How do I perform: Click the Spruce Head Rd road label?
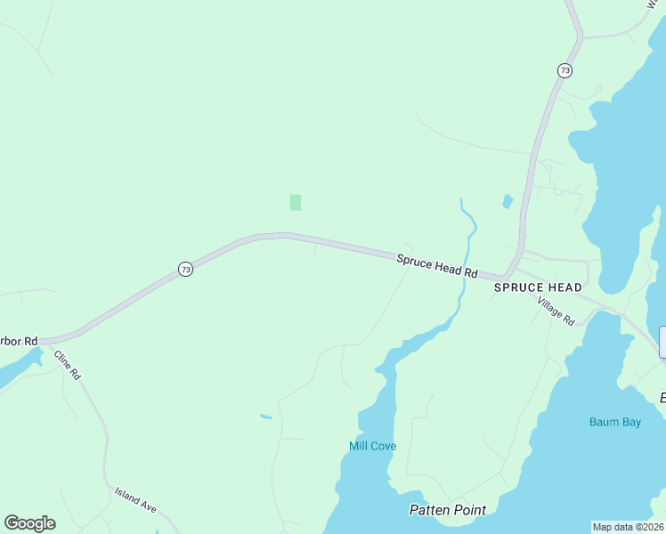coord(437,265)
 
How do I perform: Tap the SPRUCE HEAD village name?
coord(538,287)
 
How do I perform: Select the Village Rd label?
coord(556,311)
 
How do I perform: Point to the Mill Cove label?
coord(372,446)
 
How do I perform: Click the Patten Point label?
coord(448,510)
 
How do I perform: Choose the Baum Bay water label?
coord(614,423)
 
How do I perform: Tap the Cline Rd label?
coord(68,365)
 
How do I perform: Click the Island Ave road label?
coord(135,498)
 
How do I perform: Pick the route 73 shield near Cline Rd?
coord(185,269)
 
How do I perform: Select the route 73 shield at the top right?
coord(564,69)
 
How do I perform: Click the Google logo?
coord(29,523)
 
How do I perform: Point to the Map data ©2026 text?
coord(629,527)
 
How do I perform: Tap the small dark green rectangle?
coord(296,203)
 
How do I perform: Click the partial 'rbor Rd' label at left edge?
coord(19,341)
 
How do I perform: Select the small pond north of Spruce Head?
coord(508,201)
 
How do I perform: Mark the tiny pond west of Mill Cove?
coord(266,416)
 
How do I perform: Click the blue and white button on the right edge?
coord(662,343)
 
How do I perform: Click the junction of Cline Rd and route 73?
coord(51,341)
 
